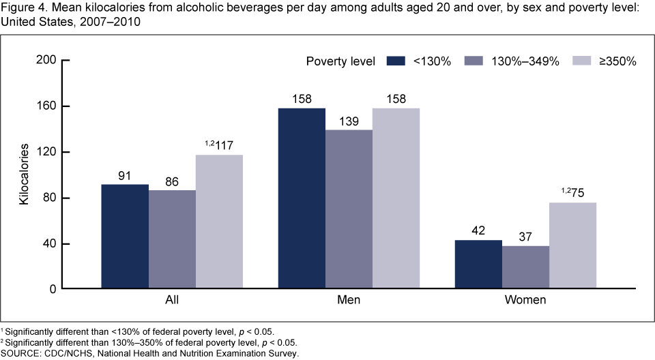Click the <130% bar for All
tap(125, 237)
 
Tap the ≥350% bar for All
tap(219, 222)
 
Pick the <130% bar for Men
tap(302, 198)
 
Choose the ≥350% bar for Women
tap(572, 245)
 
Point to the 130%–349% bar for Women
tap(525, 267)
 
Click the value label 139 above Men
tap(349, 121)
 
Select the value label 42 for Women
tap(478, 231)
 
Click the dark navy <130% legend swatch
tap(396, 61)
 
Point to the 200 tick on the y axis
tap(45, 60)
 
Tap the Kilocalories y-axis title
tap(24, 175)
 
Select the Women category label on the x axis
tap(525, 299)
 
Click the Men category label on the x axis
tap(349, 299)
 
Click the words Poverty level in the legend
tap(340, 61)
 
